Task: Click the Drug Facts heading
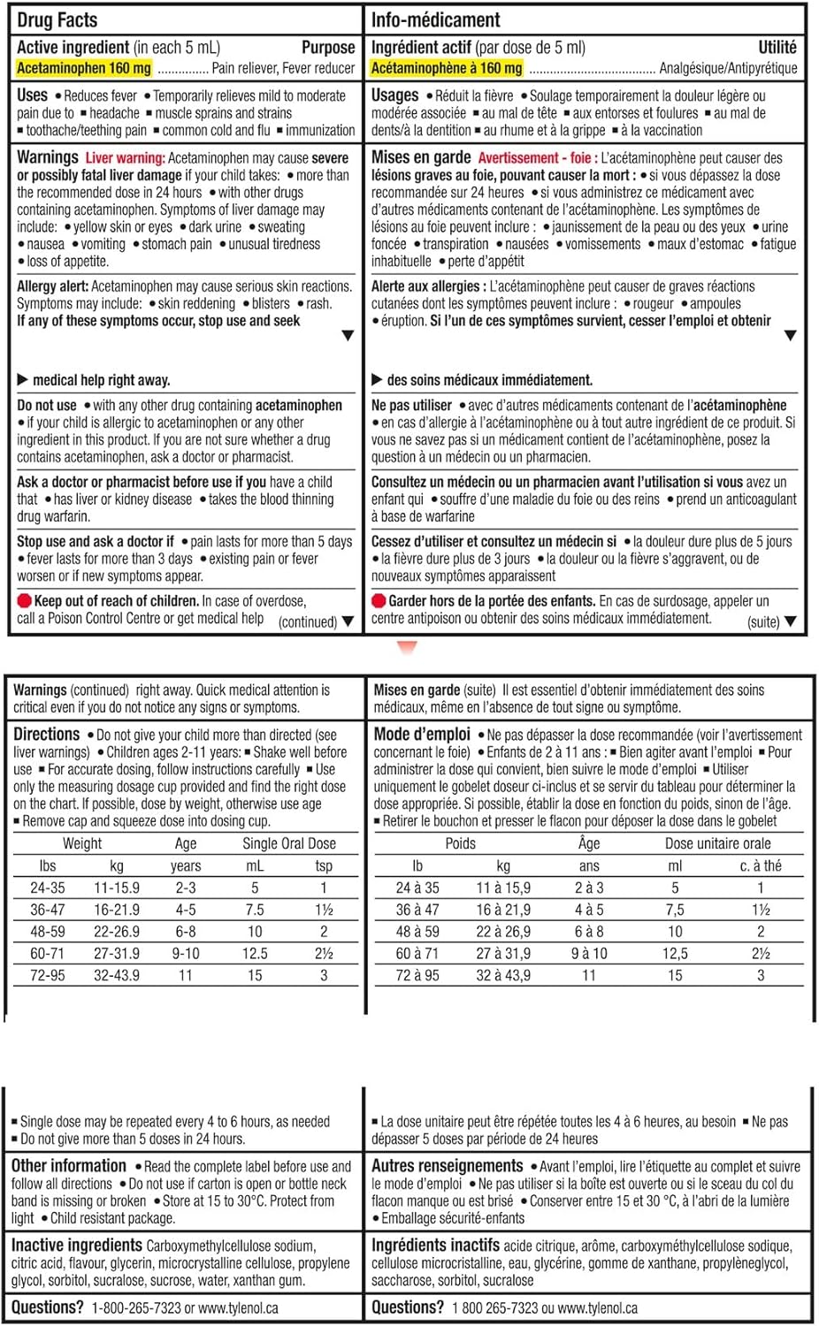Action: tap(57, 19)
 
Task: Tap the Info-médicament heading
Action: tap(435, 19)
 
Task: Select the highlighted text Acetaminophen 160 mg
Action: tap(84, 68)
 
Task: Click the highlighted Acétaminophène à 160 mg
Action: tap(446, 68)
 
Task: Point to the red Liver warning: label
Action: tap(125, 158)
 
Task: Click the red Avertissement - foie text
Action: tap(534, 158)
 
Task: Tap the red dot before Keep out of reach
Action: tap(24, 601)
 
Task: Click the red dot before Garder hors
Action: tap(379, 601)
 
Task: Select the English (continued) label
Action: tap(308, 621)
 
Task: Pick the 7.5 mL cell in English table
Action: tap(255, 910)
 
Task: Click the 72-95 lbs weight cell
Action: tap(48, 975)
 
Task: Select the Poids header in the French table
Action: tap(460, 843)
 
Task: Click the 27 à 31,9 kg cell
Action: tap(503, 953)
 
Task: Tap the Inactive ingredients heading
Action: tap(76, 1246)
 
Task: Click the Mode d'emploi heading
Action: tap(422, 735)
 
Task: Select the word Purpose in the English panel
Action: tap(328, 48)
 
